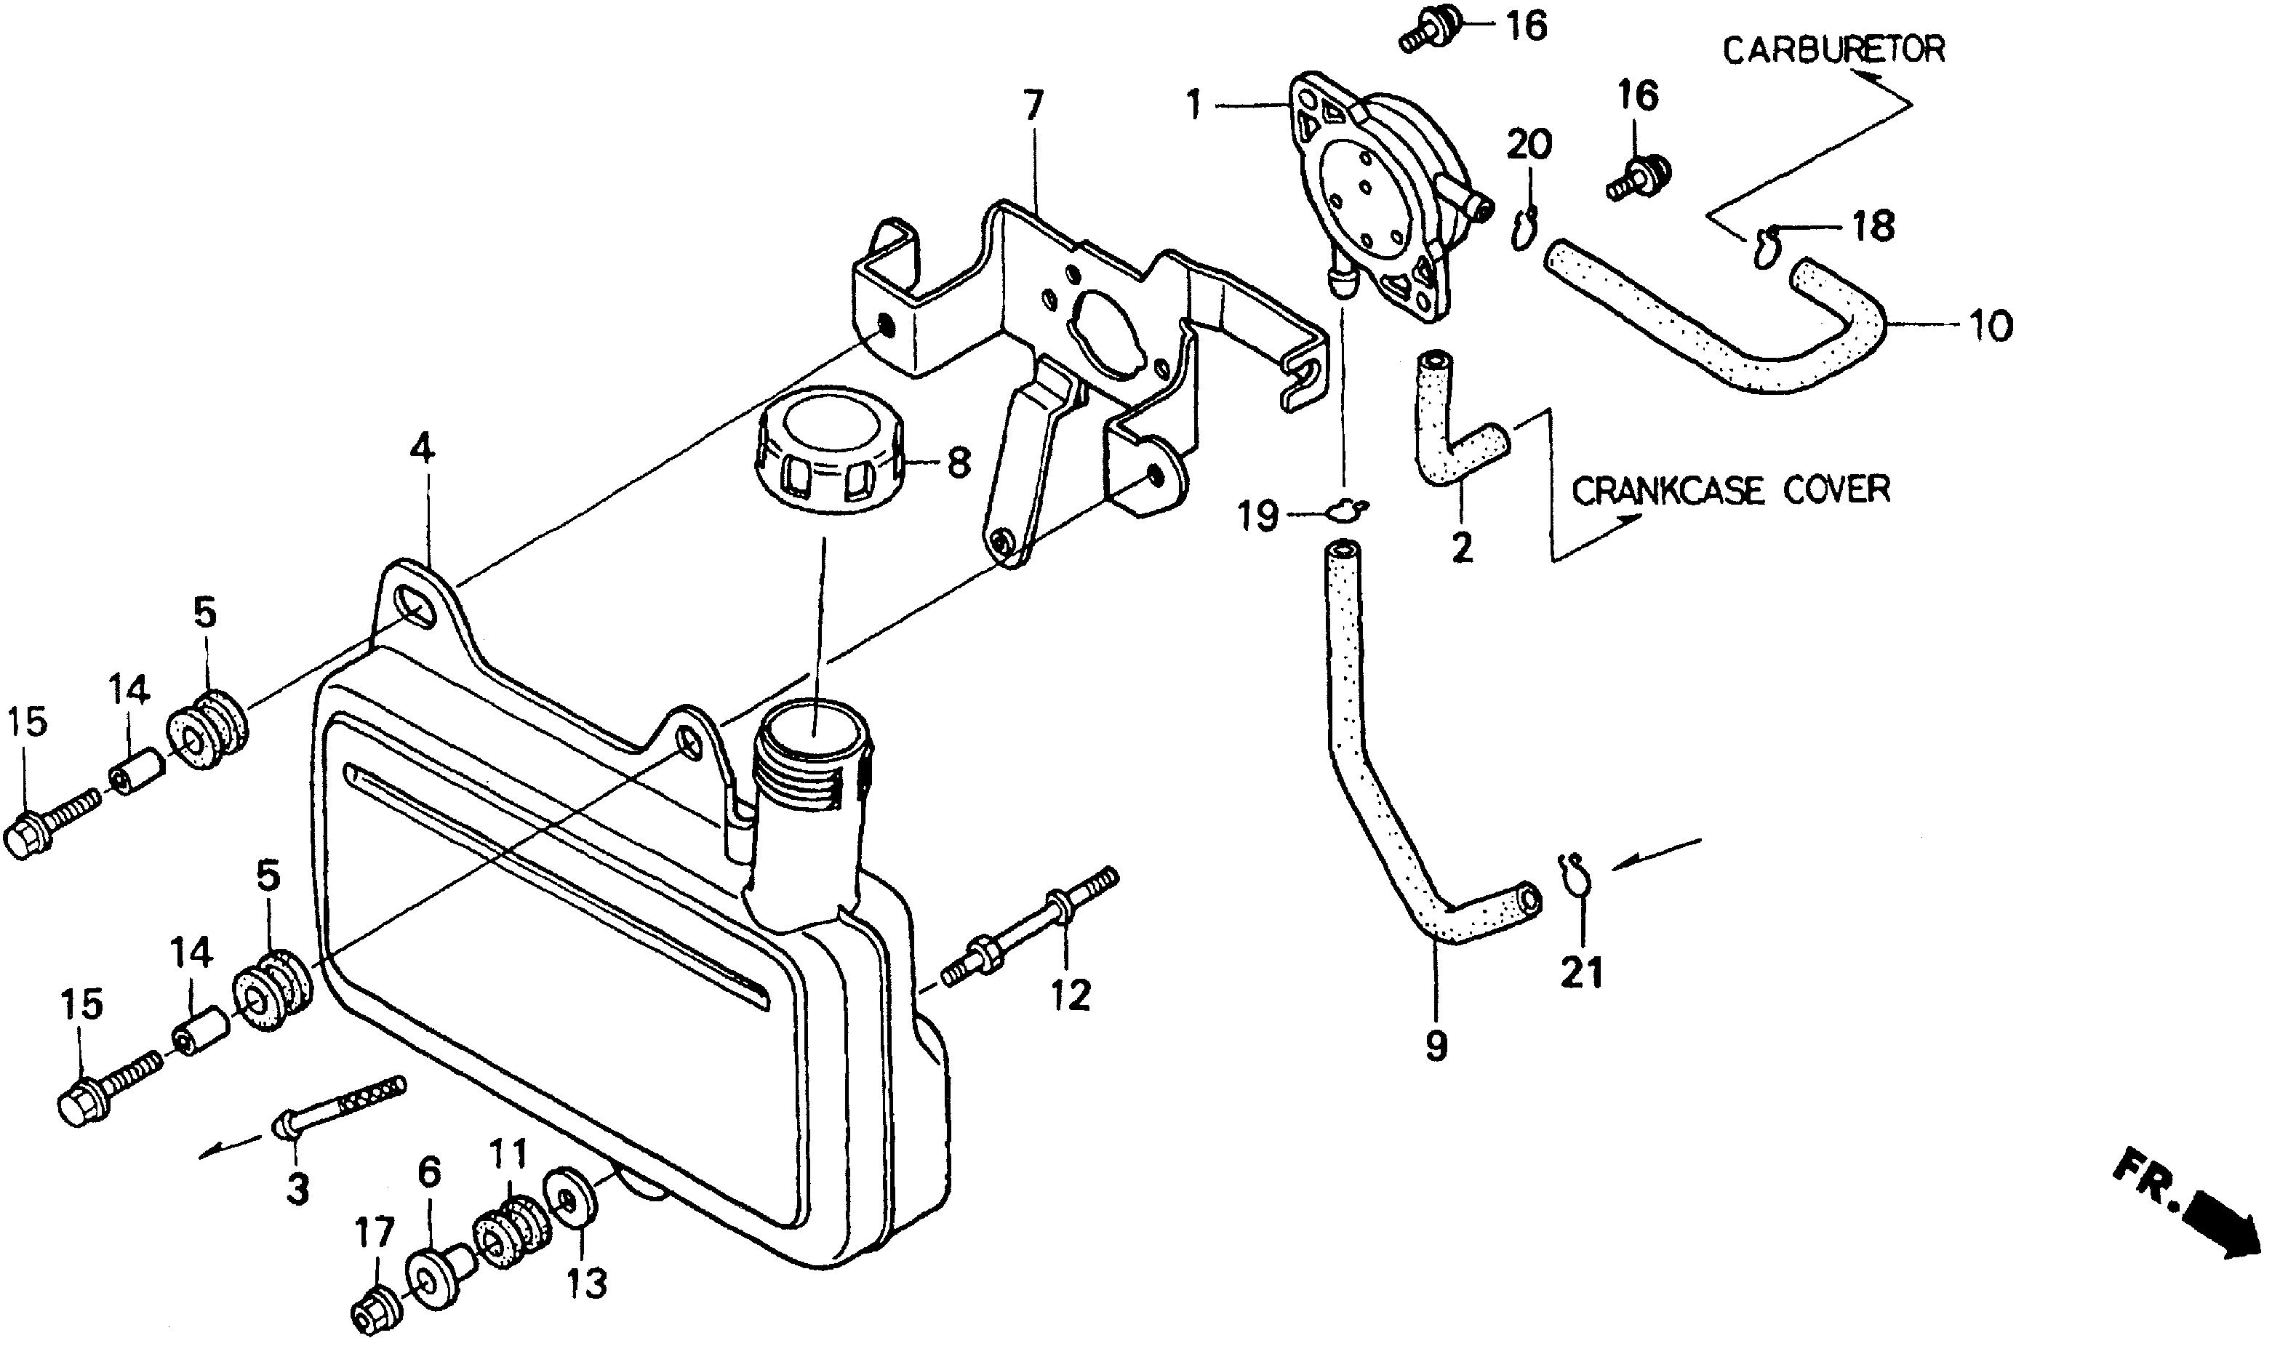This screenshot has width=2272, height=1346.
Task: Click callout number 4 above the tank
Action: point(423,448)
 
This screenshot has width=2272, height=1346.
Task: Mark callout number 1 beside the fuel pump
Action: point(1194,107)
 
